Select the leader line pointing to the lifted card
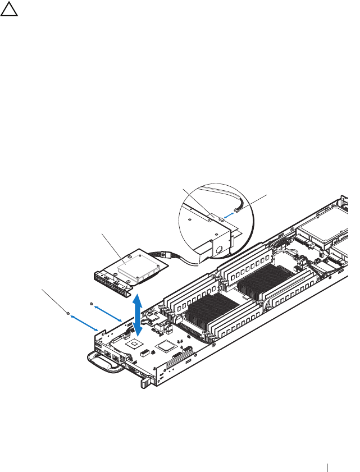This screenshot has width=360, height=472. coord(113,247)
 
